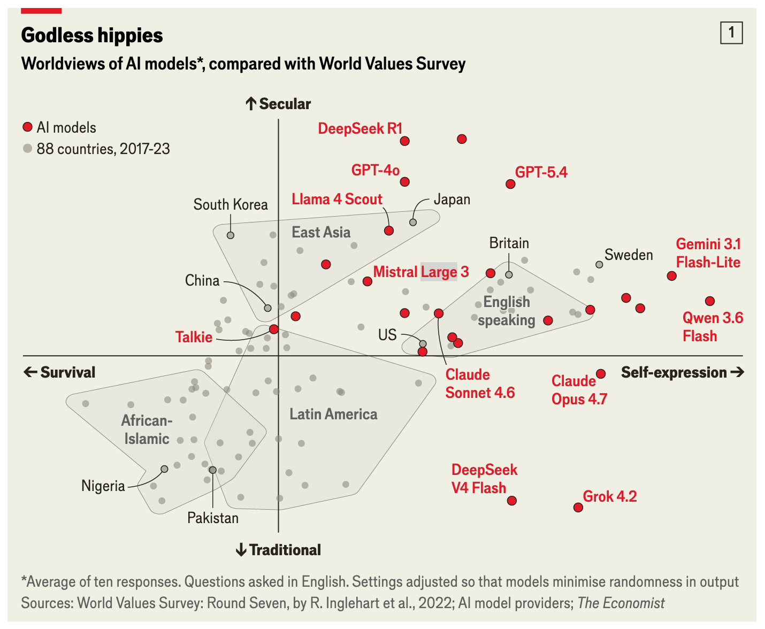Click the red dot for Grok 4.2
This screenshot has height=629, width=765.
578,507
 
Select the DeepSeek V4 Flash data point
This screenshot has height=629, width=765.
511,501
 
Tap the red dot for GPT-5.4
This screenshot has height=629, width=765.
510,184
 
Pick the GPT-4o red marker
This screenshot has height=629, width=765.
404,182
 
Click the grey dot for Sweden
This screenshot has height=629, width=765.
599,264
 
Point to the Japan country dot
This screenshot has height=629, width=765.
413,223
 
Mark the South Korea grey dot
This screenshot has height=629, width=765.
231,235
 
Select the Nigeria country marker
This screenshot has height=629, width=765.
164,469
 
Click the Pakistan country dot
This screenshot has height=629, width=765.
212,470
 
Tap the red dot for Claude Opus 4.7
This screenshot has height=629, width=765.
600,374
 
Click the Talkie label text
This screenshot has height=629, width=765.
194,337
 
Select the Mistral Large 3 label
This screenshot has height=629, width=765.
421,272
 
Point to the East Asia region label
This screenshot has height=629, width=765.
321,232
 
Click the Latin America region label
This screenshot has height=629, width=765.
333,414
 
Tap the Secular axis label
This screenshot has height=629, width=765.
278,104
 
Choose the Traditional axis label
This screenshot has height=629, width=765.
278,550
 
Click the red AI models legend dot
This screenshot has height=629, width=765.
28,127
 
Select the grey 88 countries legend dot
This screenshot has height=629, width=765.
28,148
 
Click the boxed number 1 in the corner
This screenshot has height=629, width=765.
731,33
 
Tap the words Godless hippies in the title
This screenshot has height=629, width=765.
92,35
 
